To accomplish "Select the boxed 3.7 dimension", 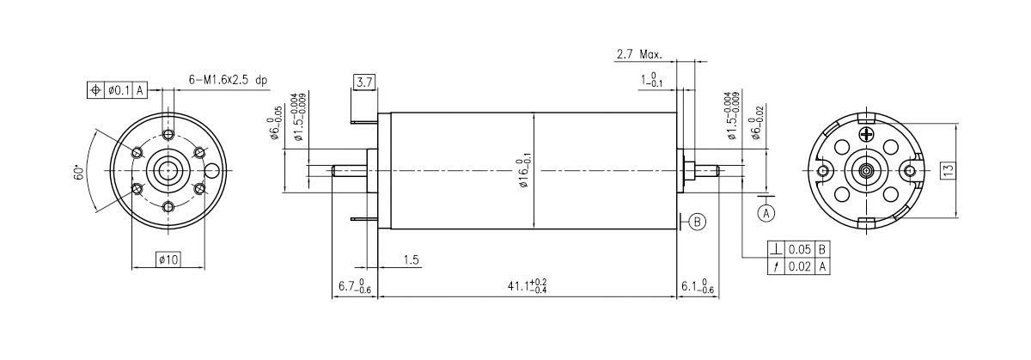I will tap(363, 82).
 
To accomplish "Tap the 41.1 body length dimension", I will tap(528, 286).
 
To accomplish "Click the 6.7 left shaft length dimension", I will tap(354, 286).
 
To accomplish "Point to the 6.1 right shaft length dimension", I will tap(697, 286).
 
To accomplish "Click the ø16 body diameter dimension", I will tap(525, 173).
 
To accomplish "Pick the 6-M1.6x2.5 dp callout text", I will tap(228, 80).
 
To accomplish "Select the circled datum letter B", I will tap(697, 222).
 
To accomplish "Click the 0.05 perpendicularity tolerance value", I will tap(800, 249).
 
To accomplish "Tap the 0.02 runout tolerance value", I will tap(800, 265).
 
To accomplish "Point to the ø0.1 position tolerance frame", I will tap(118, 88).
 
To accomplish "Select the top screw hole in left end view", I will tap(168, 136).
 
